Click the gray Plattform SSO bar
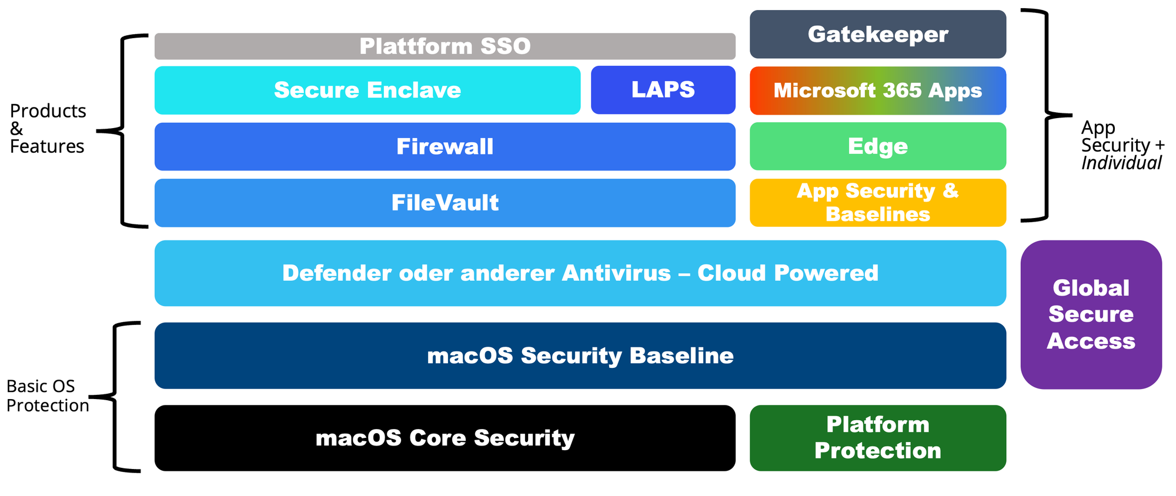click(x=445, y=46)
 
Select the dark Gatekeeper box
click(x=877, y=34)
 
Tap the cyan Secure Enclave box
click(x=367, y=90)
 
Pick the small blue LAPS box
click(x=663, y=90)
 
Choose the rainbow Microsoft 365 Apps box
click(x=877, y=91)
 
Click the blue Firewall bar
click(x=445, y=146)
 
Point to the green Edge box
click(x=877, y=146)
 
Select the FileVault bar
click(x=445, y=203)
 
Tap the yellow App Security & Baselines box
click(x=877, y=203)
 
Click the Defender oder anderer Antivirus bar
click(x=580, y=273)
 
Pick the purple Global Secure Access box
click(x=1091, y=314)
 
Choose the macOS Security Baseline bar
click(x=580, y=356)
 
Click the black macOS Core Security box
click(x=445, y=438)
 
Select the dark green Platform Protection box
click(x=877, y=438)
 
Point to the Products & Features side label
click(x=48, y=128)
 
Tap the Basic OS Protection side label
click(x=47, y=396)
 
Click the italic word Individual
click(x=1121, y=163)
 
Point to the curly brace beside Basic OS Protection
click(x=115, y=397)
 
